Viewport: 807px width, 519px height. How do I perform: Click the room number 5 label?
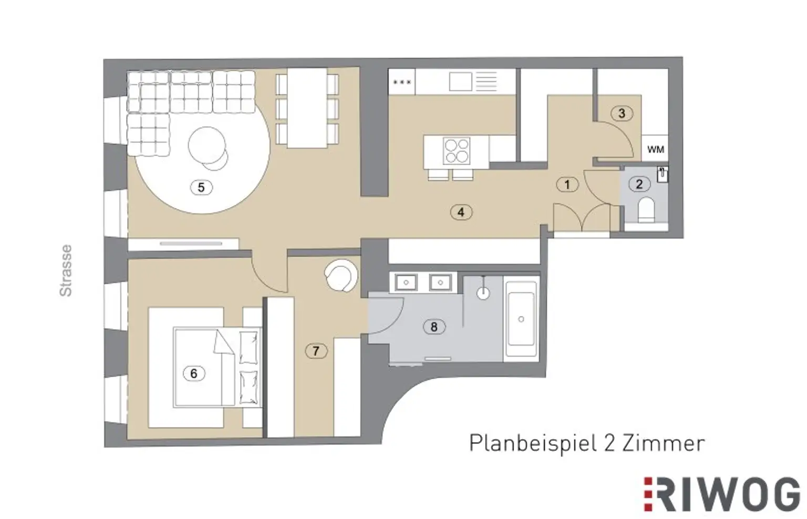[201, 188]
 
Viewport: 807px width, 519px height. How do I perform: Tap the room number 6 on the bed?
[194, 373]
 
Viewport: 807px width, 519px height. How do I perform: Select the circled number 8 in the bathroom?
[434, 327]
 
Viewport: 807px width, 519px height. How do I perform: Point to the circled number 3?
[622, 113]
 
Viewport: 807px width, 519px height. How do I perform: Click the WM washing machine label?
[655, 149]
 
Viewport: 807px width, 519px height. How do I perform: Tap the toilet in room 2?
[646, 209]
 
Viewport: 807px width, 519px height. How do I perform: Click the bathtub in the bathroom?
[521, 319]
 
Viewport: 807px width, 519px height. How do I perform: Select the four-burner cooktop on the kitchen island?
[457, 150]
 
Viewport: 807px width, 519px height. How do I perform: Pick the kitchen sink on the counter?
[460, 82]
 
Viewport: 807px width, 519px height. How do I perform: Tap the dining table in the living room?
[307, 108]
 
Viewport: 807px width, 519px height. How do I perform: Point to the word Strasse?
[66, 270]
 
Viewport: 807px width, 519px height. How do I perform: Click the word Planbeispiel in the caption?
[532, 444]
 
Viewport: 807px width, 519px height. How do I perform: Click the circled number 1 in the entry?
[567, 185]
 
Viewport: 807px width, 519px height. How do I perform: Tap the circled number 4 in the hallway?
[461, 212]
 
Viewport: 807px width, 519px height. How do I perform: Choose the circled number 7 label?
[316, 351]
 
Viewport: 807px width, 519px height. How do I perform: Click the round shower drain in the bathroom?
[483, 293]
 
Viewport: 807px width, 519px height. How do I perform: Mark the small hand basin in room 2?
[662, 175]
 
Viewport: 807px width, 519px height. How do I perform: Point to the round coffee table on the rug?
[208, 145]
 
